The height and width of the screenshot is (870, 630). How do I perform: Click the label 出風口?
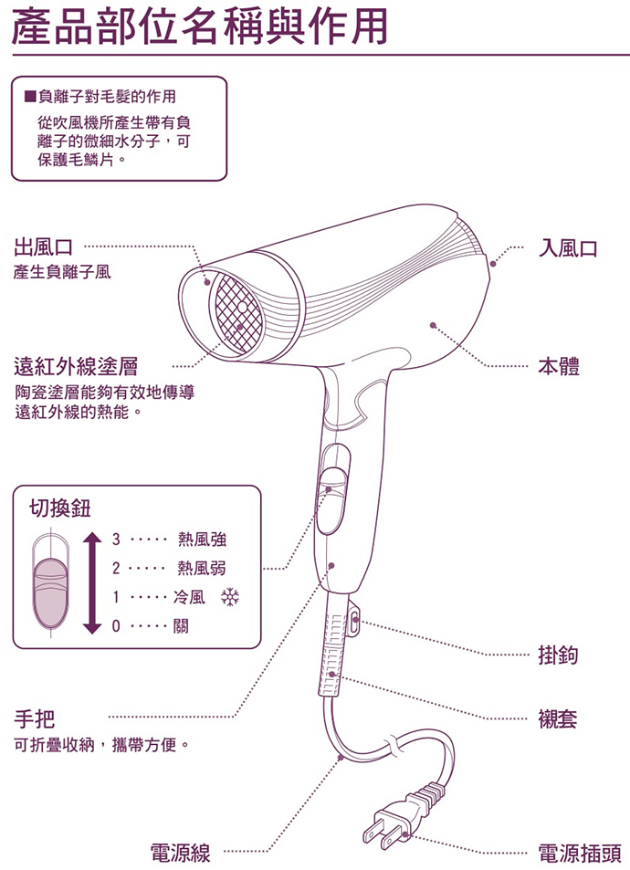(45, 246)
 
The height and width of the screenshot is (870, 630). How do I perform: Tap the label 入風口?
(567, 248)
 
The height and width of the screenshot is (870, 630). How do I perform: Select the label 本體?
(558, 367)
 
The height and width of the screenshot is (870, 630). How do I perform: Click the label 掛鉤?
(558, 655)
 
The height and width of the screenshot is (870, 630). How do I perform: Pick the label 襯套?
(558, 718)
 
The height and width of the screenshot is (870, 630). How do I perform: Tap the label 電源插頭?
(579, 854)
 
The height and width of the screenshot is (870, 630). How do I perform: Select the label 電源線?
(181, 854)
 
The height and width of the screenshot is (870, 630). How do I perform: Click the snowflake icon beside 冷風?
(229, 599)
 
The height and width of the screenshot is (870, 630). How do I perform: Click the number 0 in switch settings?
(116, 628)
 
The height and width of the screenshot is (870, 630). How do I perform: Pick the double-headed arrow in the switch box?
(90, 582)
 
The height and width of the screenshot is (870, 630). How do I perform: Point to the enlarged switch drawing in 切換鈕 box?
(51, 582)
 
